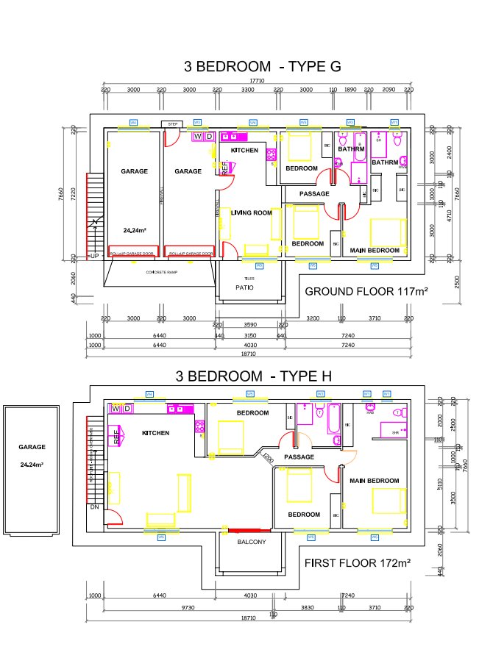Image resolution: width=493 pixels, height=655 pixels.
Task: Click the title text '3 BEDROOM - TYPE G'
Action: click(263, 66)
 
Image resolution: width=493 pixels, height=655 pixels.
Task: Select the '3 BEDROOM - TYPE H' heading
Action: click(253, 376)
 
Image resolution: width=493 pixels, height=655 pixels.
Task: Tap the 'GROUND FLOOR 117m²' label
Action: click(366, 291)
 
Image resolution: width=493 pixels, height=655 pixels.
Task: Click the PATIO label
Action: click(245, 287)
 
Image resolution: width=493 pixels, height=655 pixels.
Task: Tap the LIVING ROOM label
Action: click(251, 213)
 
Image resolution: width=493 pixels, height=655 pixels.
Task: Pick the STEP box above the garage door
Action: click(173, 124)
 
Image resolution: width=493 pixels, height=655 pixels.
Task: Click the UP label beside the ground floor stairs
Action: click(94, 256)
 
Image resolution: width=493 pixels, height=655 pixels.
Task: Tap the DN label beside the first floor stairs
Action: click(93, 507)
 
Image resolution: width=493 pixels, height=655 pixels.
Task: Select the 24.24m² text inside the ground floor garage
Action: click(134, 230)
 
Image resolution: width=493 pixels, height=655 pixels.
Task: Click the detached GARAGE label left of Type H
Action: click(32, 446)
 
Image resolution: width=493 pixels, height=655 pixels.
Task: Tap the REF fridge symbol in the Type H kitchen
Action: click(116, 437)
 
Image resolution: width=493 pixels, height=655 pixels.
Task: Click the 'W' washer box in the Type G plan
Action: click(197, 136)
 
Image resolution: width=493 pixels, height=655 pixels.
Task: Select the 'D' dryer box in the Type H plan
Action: click(127, 408)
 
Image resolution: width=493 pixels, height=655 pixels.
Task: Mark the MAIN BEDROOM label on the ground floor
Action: click(374, 251)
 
